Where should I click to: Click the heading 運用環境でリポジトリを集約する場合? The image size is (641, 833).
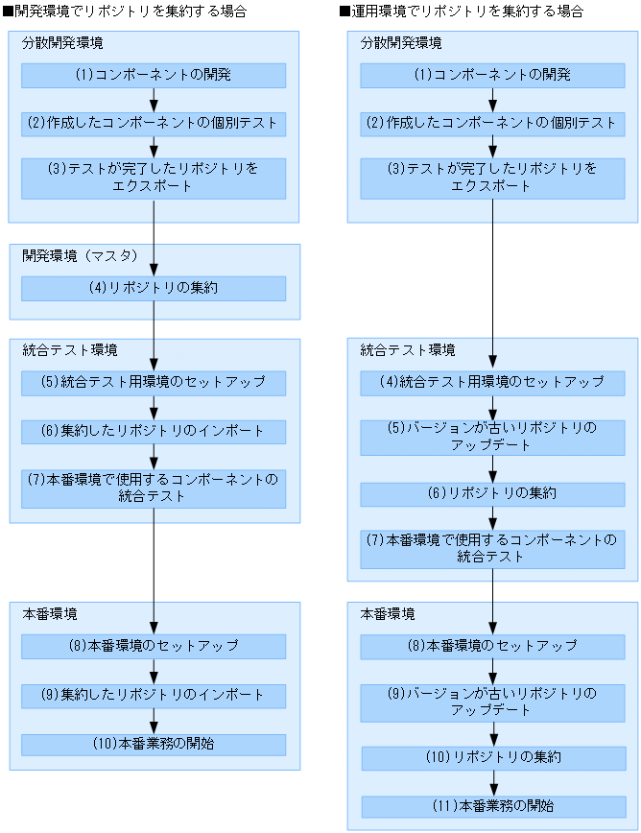tap(462, 12)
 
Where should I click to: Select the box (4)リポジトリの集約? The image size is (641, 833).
tap(154, 288)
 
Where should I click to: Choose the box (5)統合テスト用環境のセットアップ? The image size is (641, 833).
tap(154, 383)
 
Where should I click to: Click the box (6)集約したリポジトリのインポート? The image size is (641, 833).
tap(154, 432)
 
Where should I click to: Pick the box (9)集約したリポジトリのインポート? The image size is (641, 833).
tap(154, 696)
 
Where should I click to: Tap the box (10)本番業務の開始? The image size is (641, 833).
tap(154, 745)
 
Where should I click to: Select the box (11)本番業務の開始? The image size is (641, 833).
tap(492, 806)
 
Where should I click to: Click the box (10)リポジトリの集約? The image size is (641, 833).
tap(492, 758)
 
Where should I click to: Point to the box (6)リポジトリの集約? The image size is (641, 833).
tap(492, 494)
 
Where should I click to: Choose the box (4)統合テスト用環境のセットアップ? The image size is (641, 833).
tap(492, 383)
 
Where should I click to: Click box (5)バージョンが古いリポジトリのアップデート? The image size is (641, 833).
tap(492, 437)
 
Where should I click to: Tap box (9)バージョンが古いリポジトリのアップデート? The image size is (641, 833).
tap(492, 702)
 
